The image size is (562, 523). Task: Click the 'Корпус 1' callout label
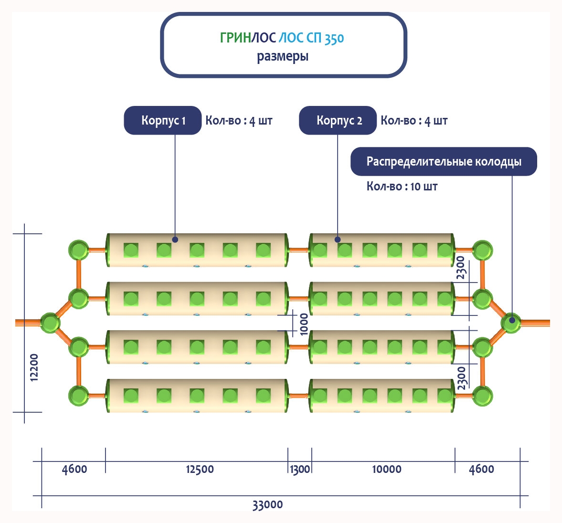(x=163, y=120)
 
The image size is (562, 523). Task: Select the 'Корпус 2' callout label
(x=338, y=120)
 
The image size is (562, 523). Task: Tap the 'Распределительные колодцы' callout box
(x=444, y=161)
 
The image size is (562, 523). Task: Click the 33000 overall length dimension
(x=267, y=504)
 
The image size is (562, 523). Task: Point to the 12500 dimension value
(x=200, y=469)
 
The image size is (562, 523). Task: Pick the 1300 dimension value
(x=300, y=470)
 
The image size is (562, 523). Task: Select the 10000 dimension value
(x=386, y=469)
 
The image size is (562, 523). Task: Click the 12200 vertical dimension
(x=34, y=367)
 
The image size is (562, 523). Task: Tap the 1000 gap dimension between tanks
(x=304, y=324)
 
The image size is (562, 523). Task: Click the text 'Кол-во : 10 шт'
(x=402, y=186)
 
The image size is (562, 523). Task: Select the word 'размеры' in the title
(x=283, y=56)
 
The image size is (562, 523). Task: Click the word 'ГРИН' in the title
(x=235, y=38)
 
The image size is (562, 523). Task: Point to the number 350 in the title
(x=334, y=38)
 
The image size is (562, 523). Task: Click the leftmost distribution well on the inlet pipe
(x=50, y=323)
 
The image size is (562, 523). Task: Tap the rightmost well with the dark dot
(x=510, y=323)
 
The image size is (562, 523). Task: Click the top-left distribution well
(x=78, y=250)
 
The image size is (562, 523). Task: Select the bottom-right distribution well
(x=482, y=396)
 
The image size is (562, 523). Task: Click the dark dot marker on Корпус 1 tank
(x=175, y=240)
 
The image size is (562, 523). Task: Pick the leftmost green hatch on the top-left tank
(x=131, y=250)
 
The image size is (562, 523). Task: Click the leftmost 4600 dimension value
(x=74, y=469)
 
